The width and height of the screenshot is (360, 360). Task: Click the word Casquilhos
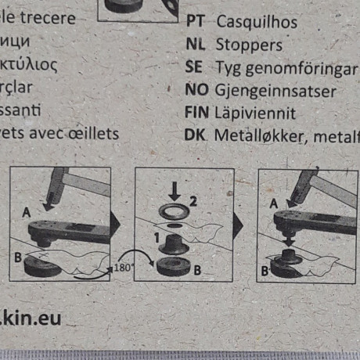tap(253, 23)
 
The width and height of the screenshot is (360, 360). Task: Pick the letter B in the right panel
tap(266, 271)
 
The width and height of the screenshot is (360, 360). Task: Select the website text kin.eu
tap(31, 318)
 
